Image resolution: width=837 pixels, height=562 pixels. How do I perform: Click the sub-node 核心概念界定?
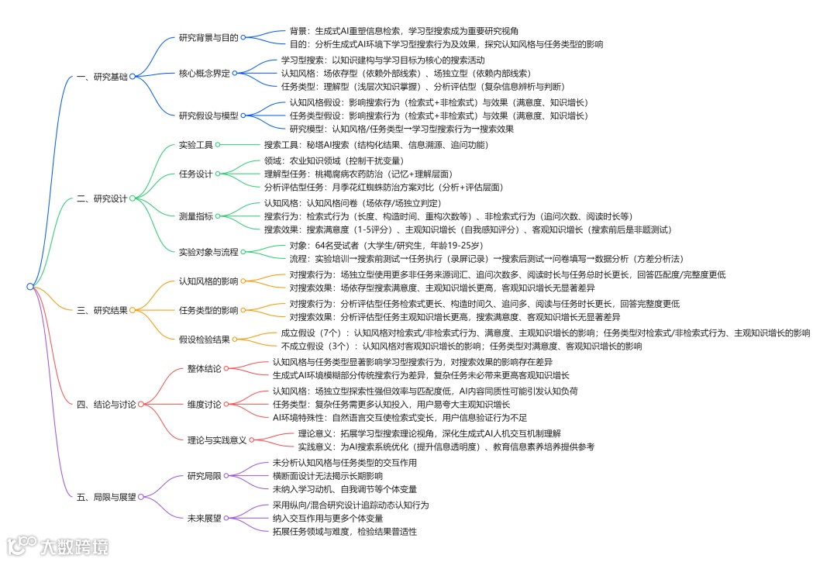point(205,74)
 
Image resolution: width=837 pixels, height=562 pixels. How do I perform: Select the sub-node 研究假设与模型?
point(208,116)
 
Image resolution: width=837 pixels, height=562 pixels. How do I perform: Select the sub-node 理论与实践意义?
point(217,440)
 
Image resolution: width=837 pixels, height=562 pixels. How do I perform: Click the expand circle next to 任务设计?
point(219,174)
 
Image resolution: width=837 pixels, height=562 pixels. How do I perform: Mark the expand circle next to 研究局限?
point(227,475)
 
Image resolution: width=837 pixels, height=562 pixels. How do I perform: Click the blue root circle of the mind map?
point(29,286)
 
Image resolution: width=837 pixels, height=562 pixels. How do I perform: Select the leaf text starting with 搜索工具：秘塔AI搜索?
point(376,144)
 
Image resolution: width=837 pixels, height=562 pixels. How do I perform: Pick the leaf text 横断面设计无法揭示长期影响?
point(327,475)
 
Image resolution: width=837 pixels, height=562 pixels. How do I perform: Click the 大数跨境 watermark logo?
point(58,546)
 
